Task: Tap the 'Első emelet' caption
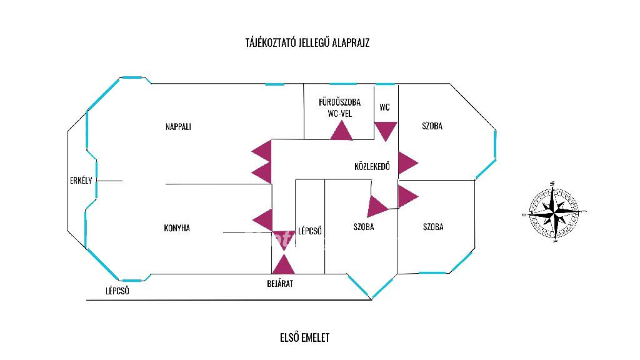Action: (304, 338)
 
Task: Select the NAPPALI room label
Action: (178, 126)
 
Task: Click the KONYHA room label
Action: (177, 228)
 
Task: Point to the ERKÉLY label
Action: (81, 181)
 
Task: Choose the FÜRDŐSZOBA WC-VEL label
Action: (339, 108)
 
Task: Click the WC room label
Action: (384, 107)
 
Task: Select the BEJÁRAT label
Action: (279, 283)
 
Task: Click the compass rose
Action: (553, 212)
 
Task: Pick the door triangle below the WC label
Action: (386, 131)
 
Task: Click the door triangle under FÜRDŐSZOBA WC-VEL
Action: (341, 131)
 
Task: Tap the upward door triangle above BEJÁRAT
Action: (283, 264)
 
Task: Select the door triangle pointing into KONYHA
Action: (263, 219)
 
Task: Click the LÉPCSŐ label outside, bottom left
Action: (117, 291)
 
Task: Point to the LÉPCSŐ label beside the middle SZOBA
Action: (310, 231)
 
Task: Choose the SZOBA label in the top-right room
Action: (432, 126)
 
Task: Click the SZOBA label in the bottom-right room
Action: (433, 227)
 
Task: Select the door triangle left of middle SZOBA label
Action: (377, 206)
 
